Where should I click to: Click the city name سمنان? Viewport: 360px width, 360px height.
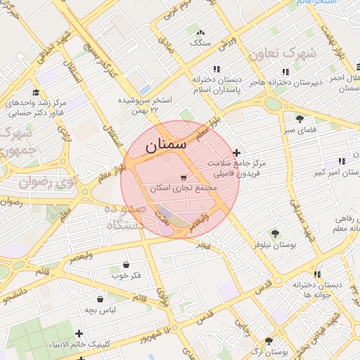pyautogui.click(x=167, y=147)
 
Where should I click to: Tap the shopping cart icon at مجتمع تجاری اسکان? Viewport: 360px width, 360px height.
pyautogui.click(x=184, y=177)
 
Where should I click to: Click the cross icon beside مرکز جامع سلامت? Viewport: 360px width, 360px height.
pyautogui.click(x=236, y=153)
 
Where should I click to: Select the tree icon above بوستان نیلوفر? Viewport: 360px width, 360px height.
pyautogui.click(x=274, y=233)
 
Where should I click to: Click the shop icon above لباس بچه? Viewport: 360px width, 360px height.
pyautogui.click(x=101, y=298)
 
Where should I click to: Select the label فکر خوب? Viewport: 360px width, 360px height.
pyautogui.click(x=127, y=276)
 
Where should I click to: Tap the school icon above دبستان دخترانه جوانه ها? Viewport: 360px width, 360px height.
pyautogui.click(x=317, y=274)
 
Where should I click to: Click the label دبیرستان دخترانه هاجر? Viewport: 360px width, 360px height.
pyautogui.click(x=286, y=82)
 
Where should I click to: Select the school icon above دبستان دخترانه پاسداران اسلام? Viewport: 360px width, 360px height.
pyautogui.click(x=217, y=70)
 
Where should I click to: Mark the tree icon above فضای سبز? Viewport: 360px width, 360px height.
pyautogui.click(x=300, y=119)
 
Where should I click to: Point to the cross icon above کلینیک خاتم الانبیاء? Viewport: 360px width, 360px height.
pyautogui.click(x=78, y=333)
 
